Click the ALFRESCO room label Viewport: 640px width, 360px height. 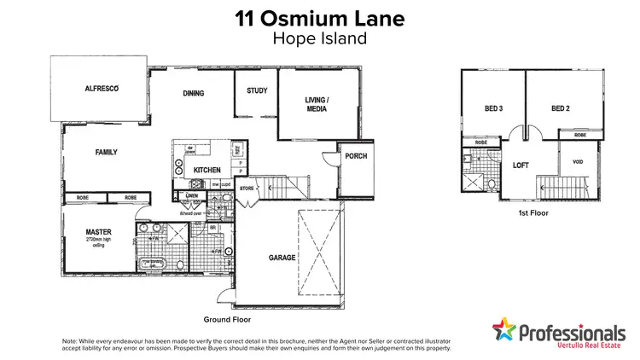100,89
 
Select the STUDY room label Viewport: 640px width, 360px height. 257,90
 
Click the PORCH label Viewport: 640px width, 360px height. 354,157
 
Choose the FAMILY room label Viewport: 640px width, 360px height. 106,153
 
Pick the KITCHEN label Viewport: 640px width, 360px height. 207,171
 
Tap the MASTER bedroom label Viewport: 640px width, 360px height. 99,231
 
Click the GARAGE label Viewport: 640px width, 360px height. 282,258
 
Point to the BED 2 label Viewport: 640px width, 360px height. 560,108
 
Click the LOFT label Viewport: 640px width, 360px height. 522,166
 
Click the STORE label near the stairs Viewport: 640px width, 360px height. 247,189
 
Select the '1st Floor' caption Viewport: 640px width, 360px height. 532,212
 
